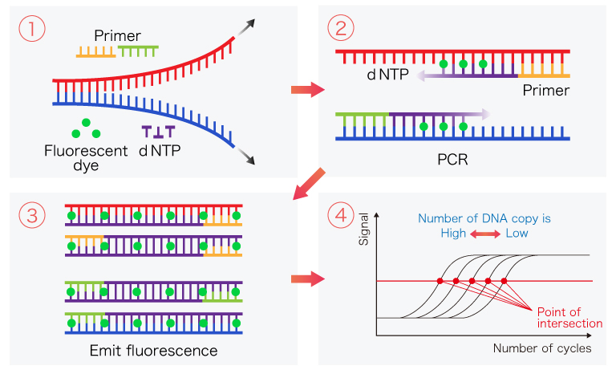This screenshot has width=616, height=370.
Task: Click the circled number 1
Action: (x=31, y=30)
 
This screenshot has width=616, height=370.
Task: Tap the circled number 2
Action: (x=340, y=30)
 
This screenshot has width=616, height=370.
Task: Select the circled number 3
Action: (x=31, y=215)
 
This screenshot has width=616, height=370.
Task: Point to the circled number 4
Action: (x=340, y=215)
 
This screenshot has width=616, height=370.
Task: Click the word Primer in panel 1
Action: (x=117, y=35)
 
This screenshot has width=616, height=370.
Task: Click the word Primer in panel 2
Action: (x=545, y=90)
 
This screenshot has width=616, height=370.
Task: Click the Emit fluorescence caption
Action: (x=154, y=350)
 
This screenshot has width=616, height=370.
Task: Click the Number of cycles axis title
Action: (x=542, y=348)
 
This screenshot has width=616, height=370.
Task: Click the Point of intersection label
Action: (x=570, y=317)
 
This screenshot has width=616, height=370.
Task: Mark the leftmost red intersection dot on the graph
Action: (x=440, y=281)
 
